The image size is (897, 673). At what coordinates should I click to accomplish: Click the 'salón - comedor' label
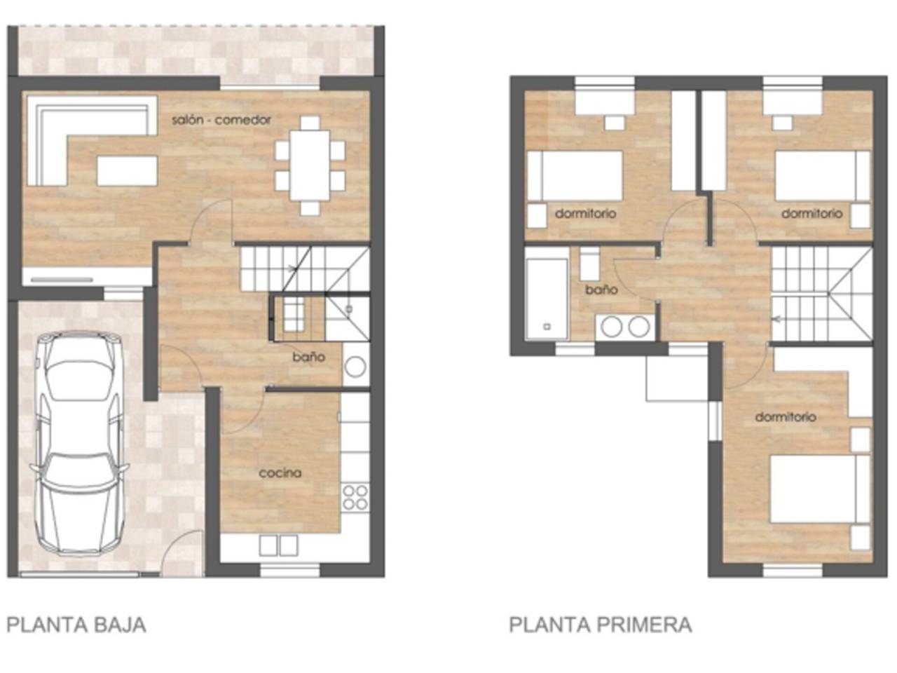221,120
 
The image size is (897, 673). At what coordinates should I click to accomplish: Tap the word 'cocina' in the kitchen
280,473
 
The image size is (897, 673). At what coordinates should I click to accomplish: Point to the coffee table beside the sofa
127,170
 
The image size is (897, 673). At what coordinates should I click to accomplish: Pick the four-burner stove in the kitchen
355,497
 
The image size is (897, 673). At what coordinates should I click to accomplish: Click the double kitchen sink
278,545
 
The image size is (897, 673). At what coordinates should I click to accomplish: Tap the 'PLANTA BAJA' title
76,625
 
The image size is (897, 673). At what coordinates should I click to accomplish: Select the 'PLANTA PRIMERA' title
601,625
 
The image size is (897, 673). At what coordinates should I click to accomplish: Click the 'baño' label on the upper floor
601,290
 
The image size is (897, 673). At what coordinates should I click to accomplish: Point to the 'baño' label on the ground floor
309,357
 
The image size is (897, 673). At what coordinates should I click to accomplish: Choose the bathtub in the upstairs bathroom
547,299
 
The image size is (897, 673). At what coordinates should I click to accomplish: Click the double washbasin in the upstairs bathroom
625,327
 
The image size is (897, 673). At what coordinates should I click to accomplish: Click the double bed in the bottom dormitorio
820,489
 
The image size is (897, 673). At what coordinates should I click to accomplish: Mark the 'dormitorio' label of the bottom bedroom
786,417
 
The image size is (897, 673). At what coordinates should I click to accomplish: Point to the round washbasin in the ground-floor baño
355,366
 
